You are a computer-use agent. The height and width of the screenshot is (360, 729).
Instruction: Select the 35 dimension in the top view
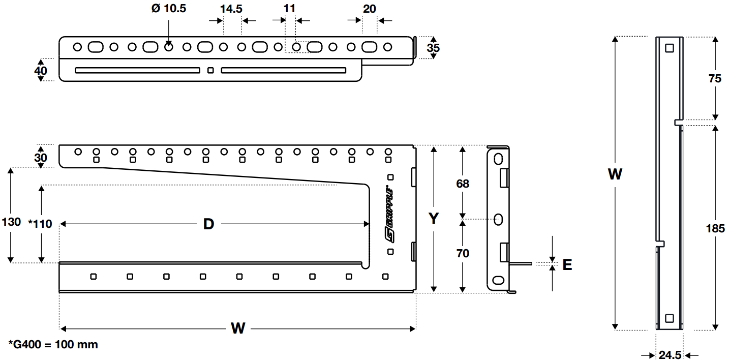(x=433, y=48)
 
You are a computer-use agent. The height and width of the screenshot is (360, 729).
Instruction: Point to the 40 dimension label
(x=41, y=70)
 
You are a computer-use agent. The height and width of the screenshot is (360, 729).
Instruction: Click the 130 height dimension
(x=11, y=222)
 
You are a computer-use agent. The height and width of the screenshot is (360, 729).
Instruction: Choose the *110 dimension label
(x=40, y=223)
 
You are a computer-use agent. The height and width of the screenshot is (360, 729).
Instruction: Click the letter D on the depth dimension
(x=208, y=224)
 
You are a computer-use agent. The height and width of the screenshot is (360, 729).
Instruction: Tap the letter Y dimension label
(x=433, y=219)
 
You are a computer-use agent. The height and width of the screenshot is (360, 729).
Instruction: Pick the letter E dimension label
(x=567, y=264)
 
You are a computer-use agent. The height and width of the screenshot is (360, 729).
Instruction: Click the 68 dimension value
(x=463, y=184)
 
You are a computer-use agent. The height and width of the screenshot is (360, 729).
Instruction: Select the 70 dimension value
(x=463, y=253)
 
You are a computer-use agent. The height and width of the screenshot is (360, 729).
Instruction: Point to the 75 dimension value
(x=715, y=79)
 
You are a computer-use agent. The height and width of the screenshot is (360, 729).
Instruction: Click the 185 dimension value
(x=715, y=228)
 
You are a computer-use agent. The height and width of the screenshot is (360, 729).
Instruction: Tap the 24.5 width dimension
(x=670, y=355)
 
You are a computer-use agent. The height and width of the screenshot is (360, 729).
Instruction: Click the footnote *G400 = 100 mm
(x=53, y=344)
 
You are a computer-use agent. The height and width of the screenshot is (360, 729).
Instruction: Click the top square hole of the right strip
(x=669, y=48)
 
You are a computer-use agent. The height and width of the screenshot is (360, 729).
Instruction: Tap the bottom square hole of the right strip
(x=669, y=318)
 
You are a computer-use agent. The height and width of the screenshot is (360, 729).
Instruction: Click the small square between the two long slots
(x=210, y=70)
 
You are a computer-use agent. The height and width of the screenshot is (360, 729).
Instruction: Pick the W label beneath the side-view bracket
(x=238, y=328)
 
